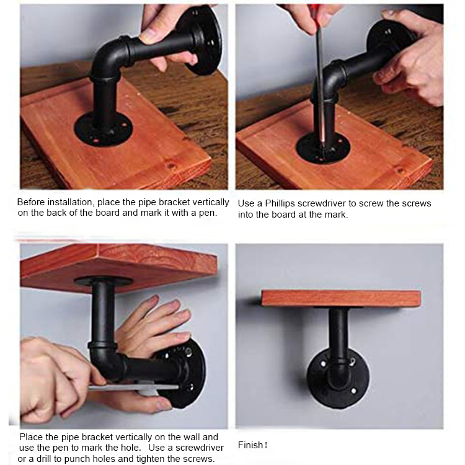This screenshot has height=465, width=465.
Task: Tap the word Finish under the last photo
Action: click(x=250, y=445)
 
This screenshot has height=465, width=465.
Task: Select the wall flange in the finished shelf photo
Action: click(x=339, y=377)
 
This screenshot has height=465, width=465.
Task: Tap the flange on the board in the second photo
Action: click(x=323, y=148)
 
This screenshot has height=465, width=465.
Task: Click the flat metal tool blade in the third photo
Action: click(x=133, y=387)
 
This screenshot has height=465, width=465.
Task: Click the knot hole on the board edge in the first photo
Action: click(x=170, y=165)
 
